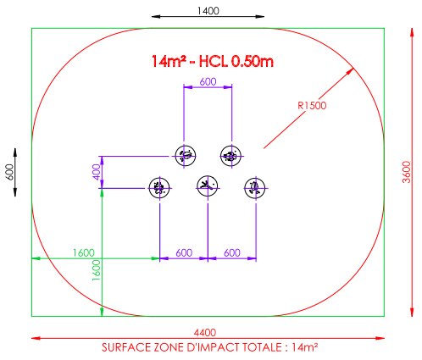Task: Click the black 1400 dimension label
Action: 208,11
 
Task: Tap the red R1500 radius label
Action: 312,105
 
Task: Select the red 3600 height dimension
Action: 407,172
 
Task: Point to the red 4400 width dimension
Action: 205,332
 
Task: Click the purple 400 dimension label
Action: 97,172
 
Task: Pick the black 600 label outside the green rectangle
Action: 9,172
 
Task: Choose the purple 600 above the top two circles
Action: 208,81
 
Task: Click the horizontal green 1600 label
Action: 84,252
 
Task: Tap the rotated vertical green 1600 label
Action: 97,270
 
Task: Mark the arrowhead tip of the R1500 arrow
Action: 353,68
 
